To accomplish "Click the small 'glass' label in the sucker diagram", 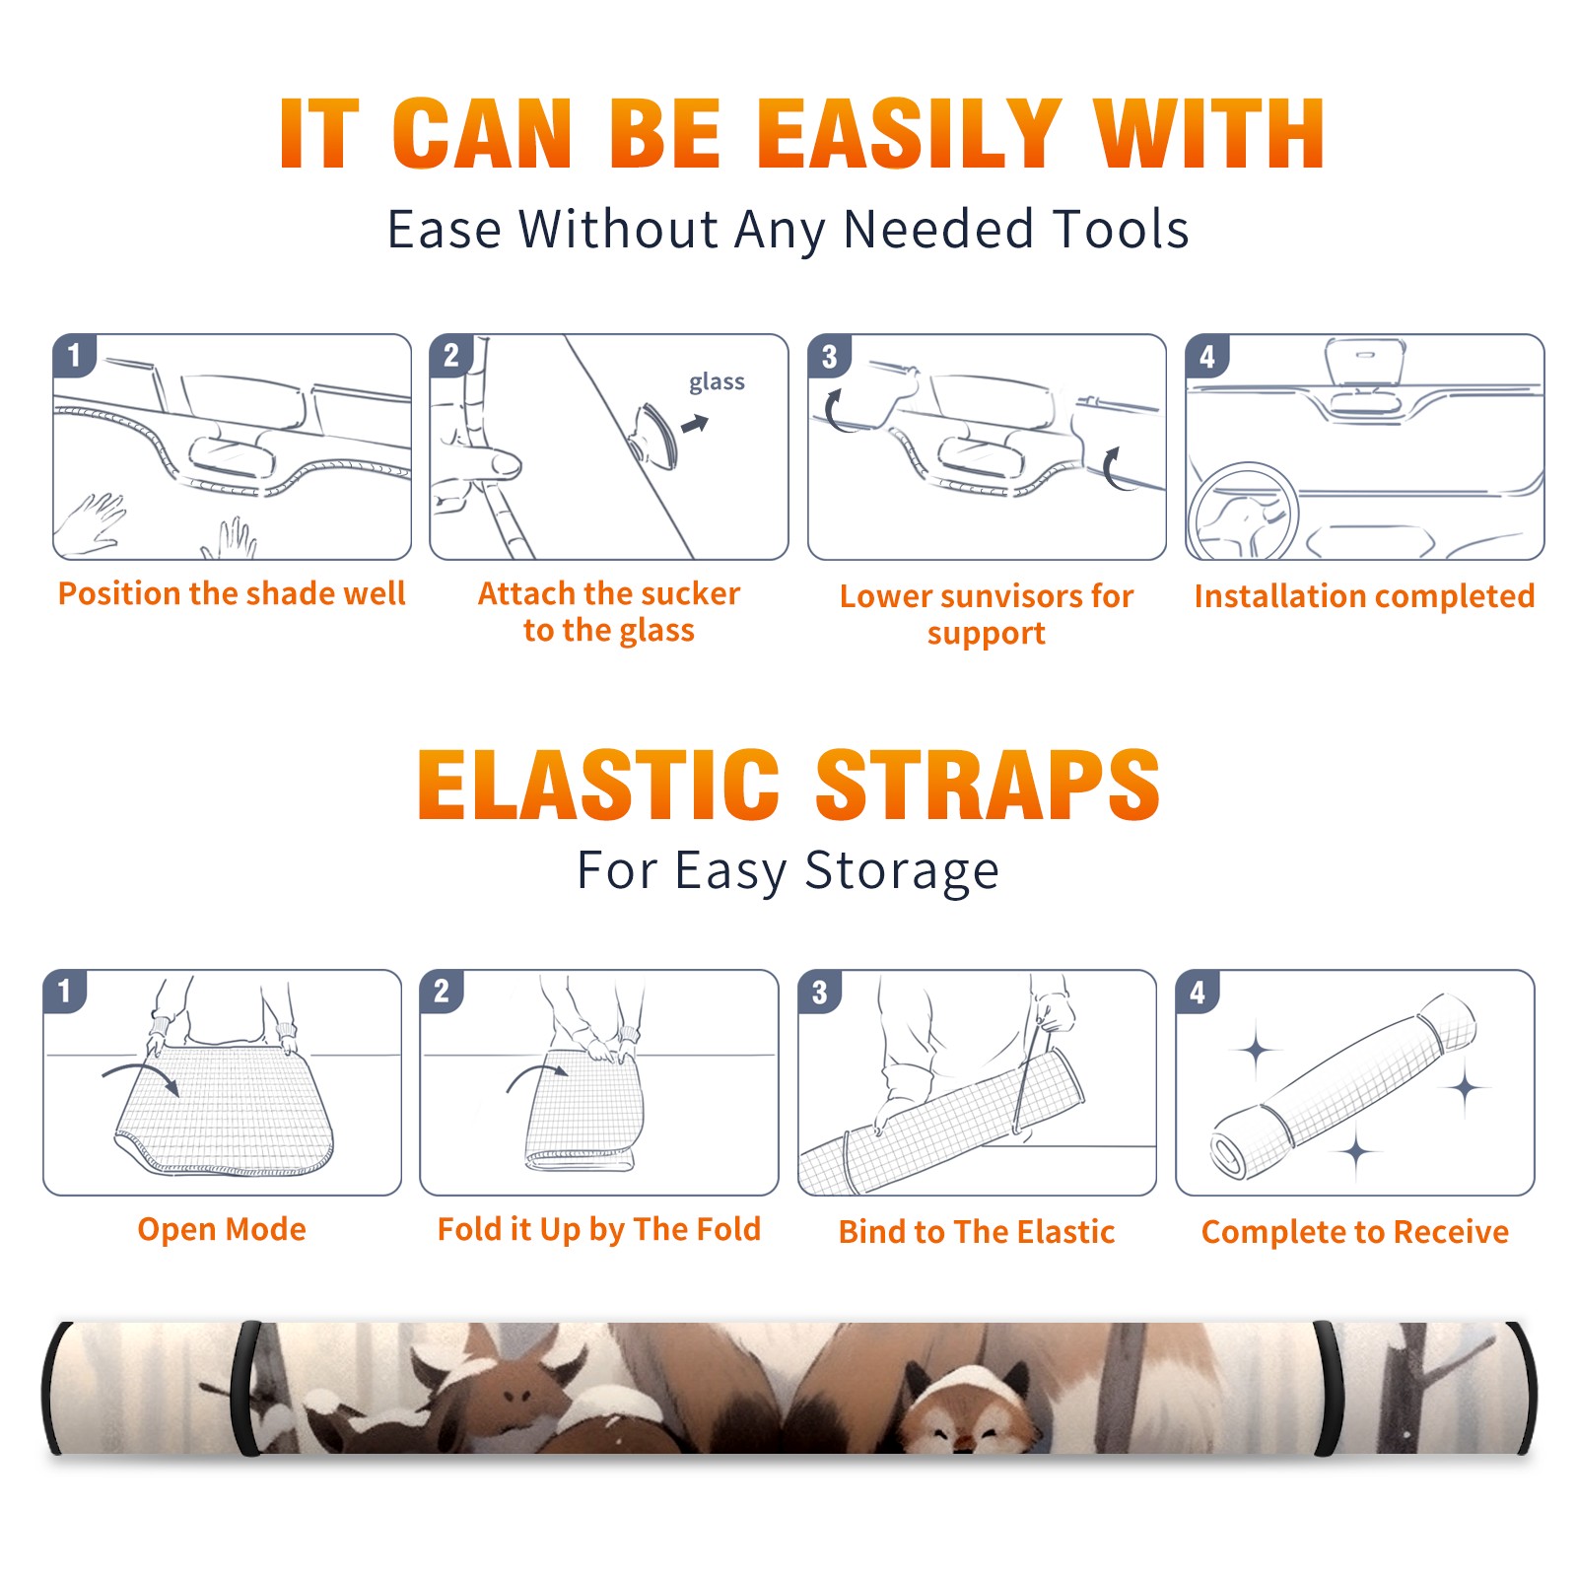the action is [x=717, y=382].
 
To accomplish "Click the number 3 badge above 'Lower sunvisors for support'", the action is [x=829, y=356].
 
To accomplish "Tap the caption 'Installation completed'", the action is [x=1364, y=595].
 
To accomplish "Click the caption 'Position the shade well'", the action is [x=232, y=593].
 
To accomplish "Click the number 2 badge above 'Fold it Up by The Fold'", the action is [x=442, y=992].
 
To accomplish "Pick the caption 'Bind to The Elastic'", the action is [x=976, y=1231].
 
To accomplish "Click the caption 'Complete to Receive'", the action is [x=1355, y=1232].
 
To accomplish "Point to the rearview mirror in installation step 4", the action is [x=1365, y=362].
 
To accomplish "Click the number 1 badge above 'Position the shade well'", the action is [x=74, y=356].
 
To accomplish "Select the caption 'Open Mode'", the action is [x=222, y=1229].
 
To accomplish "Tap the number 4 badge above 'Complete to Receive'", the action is [x=1198, y=992].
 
